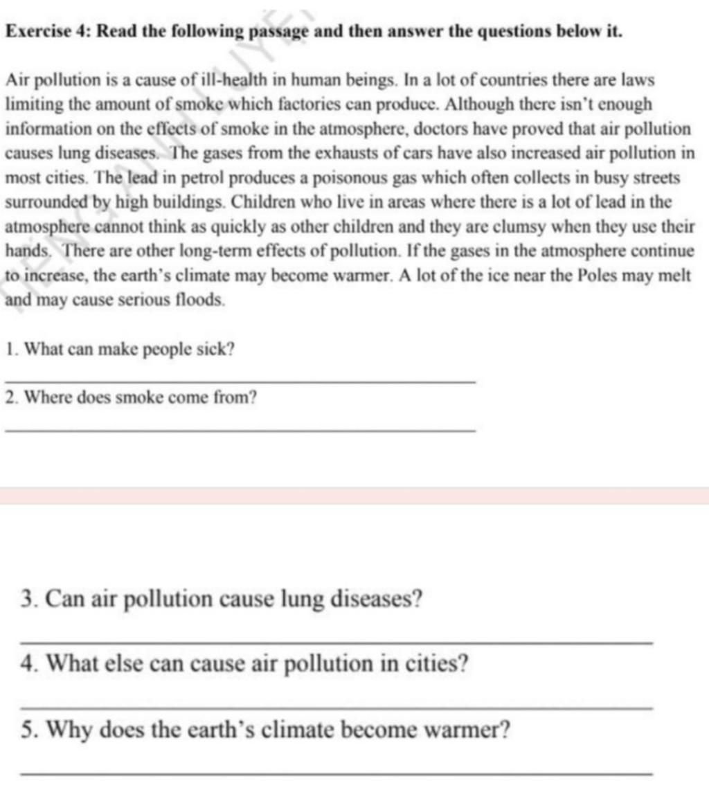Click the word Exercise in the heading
pyautogui.click(x=35, y=32)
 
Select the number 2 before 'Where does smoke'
pyautogui.click(x=8, y=398)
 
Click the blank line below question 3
pyautogui.click(x=336, y=644)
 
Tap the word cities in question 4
pyautogui.click(x=433, y=665)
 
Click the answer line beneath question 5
pyautogui.click(x=336, y=773)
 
